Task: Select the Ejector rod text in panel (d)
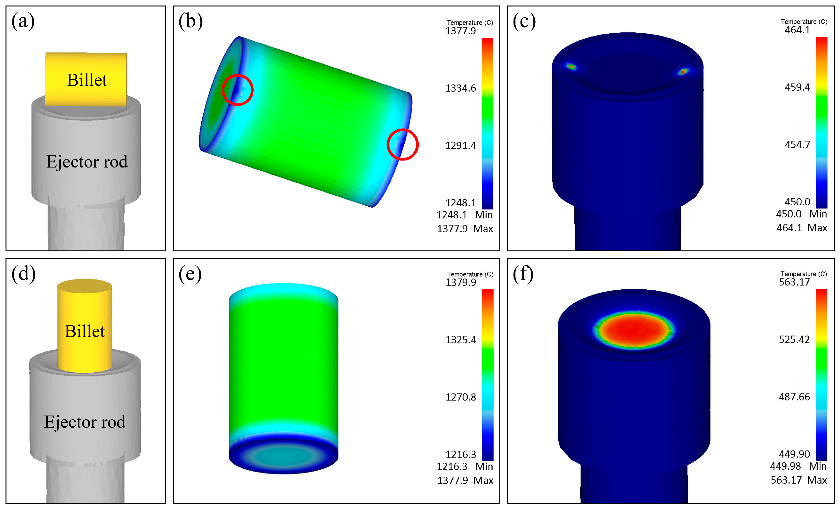point(85,422)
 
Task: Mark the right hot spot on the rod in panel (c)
point(683,72)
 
